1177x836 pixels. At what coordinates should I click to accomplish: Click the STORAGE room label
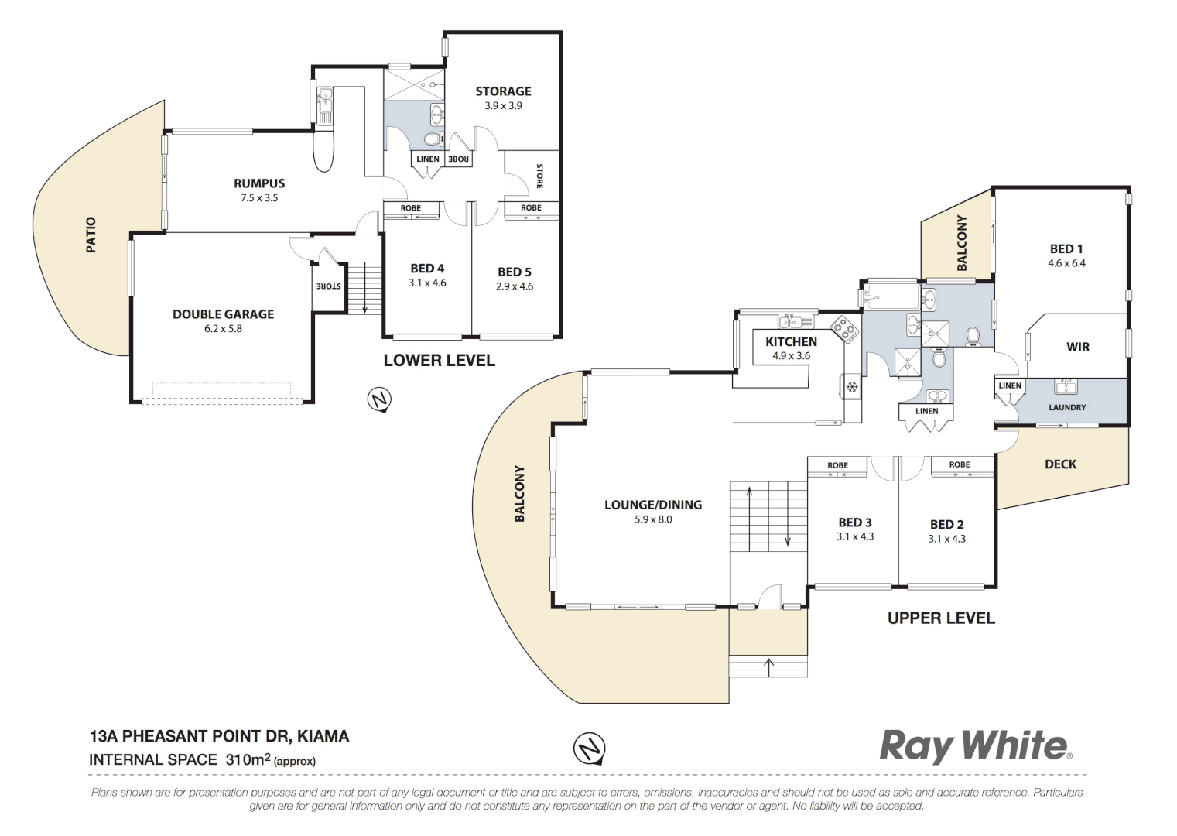coord(503,91)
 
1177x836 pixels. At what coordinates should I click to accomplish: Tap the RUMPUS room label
coord(259,183)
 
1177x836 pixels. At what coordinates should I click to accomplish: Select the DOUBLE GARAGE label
coord(223,314)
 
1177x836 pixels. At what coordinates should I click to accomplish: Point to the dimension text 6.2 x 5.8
coord(223,329)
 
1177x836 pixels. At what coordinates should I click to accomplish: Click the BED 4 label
coord(427,269)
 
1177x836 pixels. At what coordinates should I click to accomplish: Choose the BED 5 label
coord(514,272)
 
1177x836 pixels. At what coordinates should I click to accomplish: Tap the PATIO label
coord(91,235)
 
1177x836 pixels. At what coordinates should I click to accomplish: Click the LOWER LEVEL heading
coord(439,361)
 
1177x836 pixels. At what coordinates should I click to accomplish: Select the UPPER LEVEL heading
coord(941,618)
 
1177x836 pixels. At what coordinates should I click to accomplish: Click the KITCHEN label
coord(791,341)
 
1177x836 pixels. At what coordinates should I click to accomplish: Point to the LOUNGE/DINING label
coord(653,505)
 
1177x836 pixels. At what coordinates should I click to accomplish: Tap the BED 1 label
coord(1066,248)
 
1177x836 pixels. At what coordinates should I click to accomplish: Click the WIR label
coord(1078,347)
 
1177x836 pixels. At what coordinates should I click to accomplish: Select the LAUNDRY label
coord(1067,407)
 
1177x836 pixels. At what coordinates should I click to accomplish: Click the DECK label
coord(1060,464)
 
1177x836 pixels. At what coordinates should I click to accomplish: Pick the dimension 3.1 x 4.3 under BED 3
coord(854,536)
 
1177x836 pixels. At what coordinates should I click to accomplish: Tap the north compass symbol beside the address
coord(589,749)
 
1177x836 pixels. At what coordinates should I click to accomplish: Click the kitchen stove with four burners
coord(845,329)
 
